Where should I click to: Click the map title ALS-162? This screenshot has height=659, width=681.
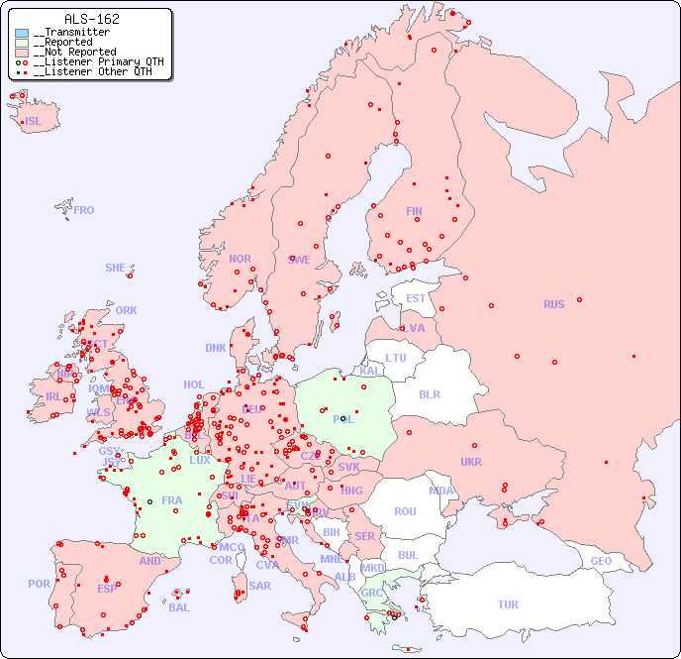point(91,19)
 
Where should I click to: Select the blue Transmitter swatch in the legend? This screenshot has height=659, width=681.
point(22,33)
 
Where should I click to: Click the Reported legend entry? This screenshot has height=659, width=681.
point(65,43)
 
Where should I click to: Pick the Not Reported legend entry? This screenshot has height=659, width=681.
point(74,53)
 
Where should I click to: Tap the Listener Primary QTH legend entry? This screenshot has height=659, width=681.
point(92,62)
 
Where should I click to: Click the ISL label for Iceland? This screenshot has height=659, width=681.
point(34,122)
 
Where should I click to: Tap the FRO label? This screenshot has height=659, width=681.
point(84,210)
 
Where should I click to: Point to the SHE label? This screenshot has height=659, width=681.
point(116,268)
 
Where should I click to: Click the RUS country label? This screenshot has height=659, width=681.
point(553,304)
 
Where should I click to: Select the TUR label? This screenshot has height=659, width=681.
point(508,604)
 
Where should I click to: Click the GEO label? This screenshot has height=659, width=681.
point(601,561)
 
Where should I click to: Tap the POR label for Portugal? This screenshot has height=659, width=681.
point(39,584)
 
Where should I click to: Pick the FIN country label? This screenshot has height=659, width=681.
point(414,211)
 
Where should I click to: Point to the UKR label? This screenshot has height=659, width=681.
point(471,462)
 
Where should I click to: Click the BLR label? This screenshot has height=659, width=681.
point(429,393)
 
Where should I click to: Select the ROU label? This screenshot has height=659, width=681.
point(405,511)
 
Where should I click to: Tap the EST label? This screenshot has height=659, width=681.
point(416,298)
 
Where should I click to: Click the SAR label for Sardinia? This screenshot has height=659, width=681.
point(260,586)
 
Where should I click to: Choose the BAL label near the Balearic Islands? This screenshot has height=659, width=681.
point(179,607)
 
